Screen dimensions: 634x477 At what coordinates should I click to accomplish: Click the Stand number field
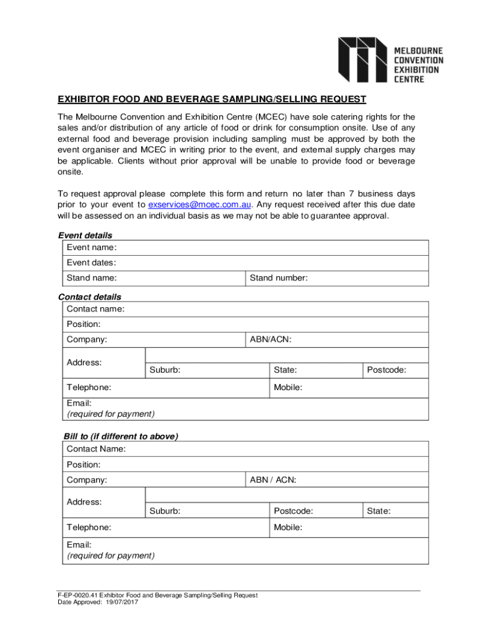coord(365,279)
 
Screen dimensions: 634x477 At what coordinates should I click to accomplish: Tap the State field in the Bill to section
coord(403,511)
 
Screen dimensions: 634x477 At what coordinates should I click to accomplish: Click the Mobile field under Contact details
coord(365,388)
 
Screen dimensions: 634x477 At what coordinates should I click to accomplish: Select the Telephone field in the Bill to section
coord(186,528)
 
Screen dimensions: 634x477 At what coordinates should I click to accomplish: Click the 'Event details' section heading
coord(85,235)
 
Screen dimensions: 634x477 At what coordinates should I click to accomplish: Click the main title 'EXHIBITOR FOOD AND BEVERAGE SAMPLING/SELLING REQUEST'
coord(212,99)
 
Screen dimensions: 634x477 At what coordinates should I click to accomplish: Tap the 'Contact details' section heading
coord(89,297)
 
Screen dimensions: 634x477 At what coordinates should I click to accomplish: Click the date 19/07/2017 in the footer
coord(121,602)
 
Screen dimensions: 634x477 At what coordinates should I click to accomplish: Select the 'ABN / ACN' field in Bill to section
coord(365,480)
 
